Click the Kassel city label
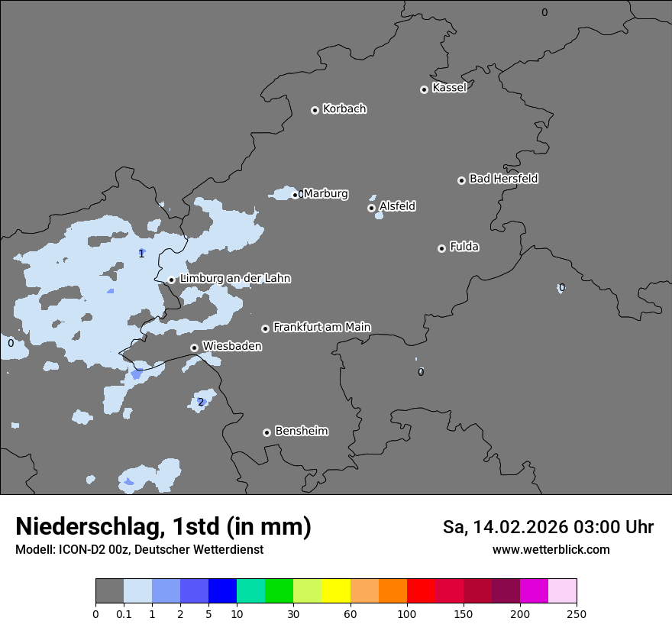[x=449, y=88]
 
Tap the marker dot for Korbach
[x=315, y=110]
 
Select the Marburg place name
[x=325, y=194]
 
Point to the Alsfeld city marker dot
[x=371, y=208]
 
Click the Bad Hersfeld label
[x=503, y=179]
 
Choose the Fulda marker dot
[x=441, y=248]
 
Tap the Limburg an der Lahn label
[x=234, y=279]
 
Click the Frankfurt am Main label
[x=321, y=327]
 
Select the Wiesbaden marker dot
[x=194, y=348]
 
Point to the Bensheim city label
[x=301, y=431]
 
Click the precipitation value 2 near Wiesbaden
[x=201, y=402]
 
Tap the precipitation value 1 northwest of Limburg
[x=141, y=254]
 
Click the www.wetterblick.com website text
[x=551, y=550]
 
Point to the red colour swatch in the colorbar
[x=421, y=591]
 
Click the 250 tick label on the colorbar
[x=577, y=613]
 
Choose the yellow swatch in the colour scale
[x=336, y=591]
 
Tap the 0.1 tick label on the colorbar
[x=124, y=613]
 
